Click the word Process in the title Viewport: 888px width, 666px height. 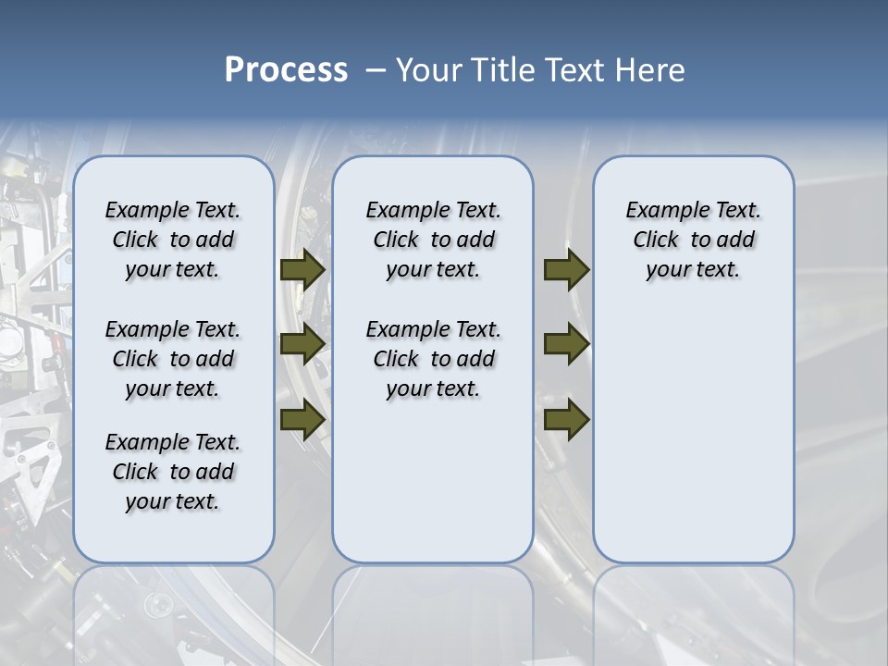286,70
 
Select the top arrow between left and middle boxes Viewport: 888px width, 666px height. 302,269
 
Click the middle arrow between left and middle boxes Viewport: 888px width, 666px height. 302,344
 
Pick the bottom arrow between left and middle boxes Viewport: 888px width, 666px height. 302,419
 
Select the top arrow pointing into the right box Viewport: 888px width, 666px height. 567,269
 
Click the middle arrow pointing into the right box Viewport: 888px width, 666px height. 567,344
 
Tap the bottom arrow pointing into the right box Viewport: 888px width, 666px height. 567,419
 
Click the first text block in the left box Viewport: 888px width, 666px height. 173,240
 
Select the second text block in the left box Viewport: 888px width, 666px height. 173,359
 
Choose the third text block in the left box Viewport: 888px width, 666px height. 173,472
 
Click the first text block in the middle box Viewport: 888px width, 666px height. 433,240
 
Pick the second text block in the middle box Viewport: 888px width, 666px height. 433,359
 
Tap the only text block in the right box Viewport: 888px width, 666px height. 693,240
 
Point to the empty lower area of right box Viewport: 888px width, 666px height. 693,435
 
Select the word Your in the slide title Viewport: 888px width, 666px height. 430,70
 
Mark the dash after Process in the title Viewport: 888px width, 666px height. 376,70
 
